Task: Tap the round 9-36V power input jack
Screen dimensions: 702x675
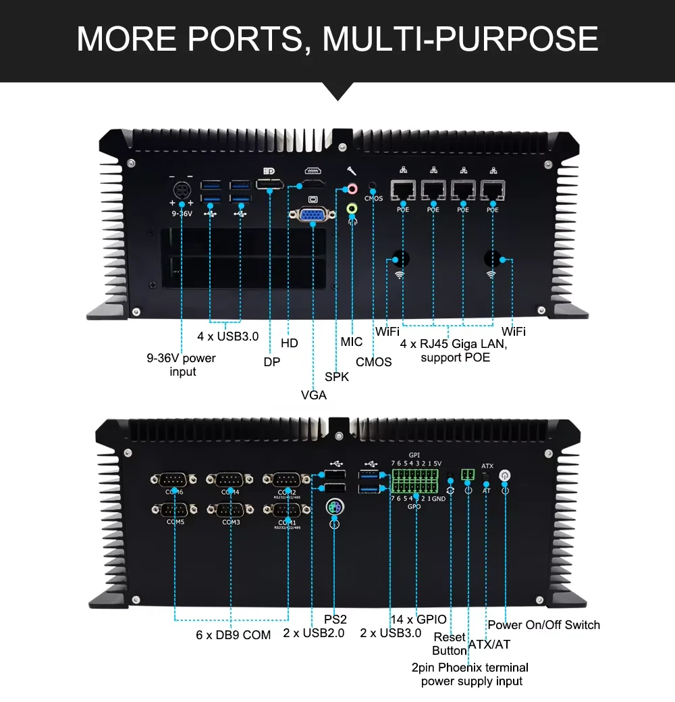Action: tap(182, 190)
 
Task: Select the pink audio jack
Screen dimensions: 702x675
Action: tap(351, 190)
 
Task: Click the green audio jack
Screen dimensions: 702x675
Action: tap(351, 209)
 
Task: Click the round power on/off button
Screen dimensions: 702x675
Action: tap(504, 476)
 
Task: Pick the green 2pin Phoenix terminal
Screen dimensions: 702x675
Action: tap(467, 475)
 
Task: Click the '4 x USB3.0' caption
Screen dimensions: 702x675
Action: tap(227, 336)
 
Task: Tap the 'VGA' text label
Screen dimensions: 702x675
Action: tap(313, 395)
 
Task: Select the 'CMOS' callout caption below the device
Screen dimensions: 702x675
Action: tap(373, 362)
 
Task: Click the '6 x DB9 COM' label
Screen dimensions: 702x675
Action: tap(234, 635)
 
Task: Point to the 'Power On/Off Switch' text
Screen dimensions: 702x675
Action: tap(543, 625)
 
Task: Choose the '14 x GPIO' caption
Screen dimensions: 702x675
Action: tap(418, 620)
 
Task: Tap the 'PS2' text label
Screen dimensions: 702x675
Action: tap(335, 620)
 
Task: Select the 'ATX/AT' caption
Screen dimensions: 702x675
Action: tap(489, 645)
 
